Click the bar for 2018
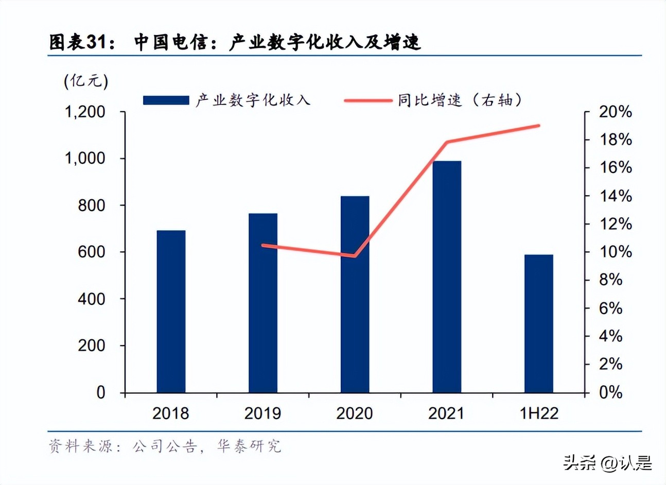click(171, 311)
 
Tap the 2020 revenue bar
click(355, 294)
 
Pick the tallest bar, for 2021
click(446, 276)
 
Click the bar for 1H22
click(538, 323)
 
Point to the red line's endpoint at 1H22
click(539, 125)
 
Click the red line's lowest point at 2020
click(354, 255)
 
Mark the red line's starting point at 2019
click(263, 245)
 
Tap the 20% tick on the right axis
click(615, 112)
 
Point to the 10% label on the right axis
click(615, 252)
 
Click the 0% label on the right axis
click(611, 392)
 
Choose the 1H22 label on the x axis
click(538, 413)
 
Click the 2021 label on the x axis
click(446, 413)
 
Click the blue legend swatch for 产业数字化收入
click(166, 100)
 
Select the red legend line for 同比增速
click(367, 100)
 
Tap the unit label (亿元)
click(86, 81)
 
